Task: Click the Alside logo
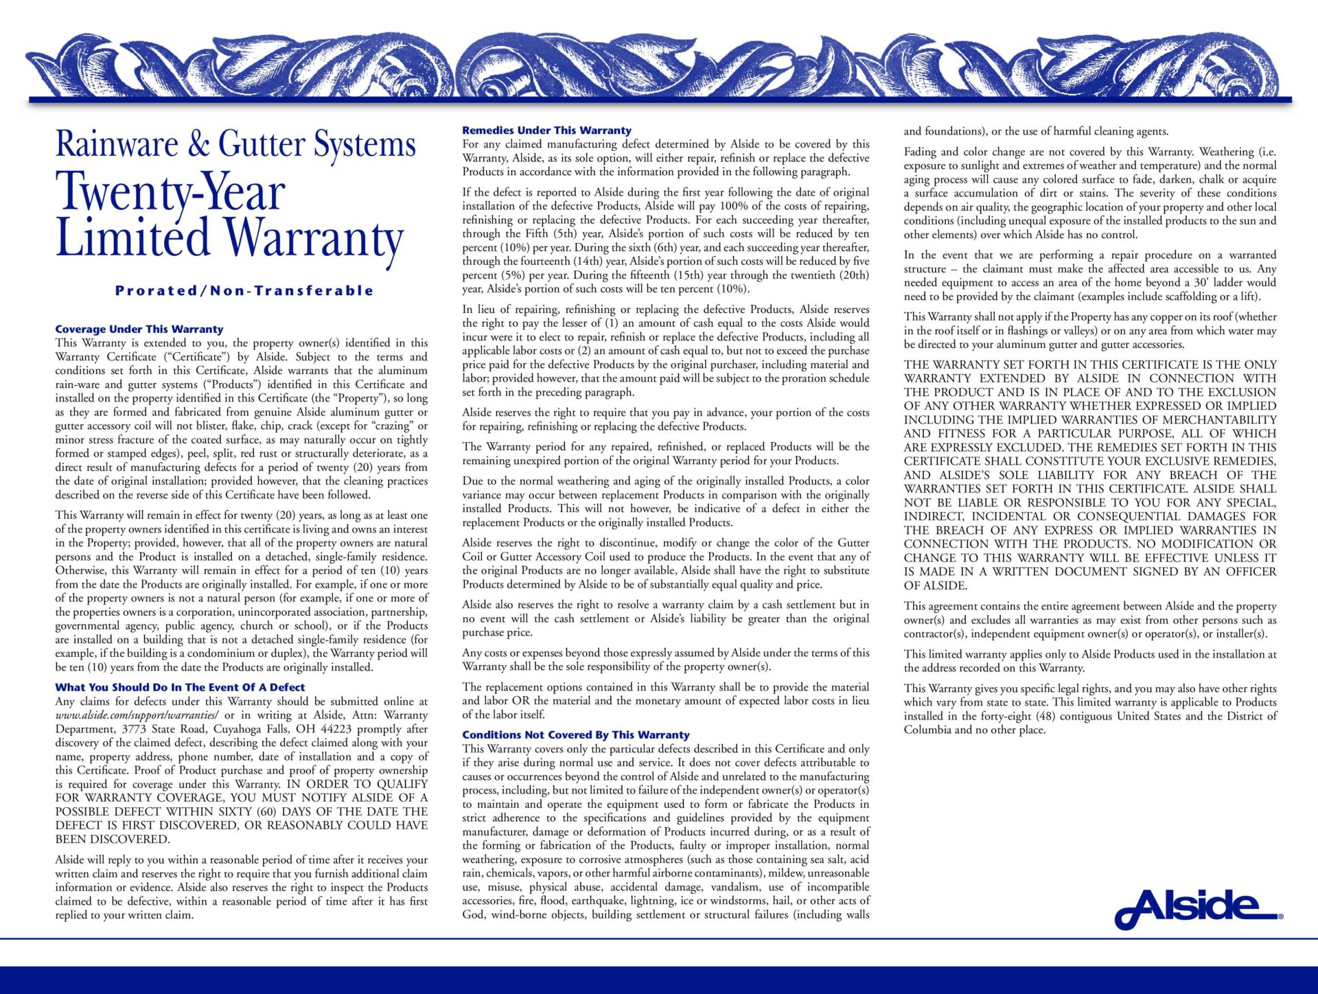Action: pyautogui.click(x=1198, y=908)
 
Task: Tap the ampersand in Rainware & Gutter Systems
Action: pyautogui.click(x=198, y=143)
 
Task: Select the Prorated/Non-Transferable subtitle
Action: pyautogui.click(x=244, y=290)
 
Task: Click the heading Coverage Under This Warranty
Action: pyautogui.click(x=139, y=330)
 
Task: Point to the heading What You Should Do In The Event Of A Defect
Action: pyautogui.click(x=180, y=687)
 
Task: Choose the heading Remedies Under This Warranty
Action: pyautogui.click(x=546, y=130)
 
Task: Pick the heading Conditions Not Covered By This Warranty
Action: pyautogui.click(x=575, y=735)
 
